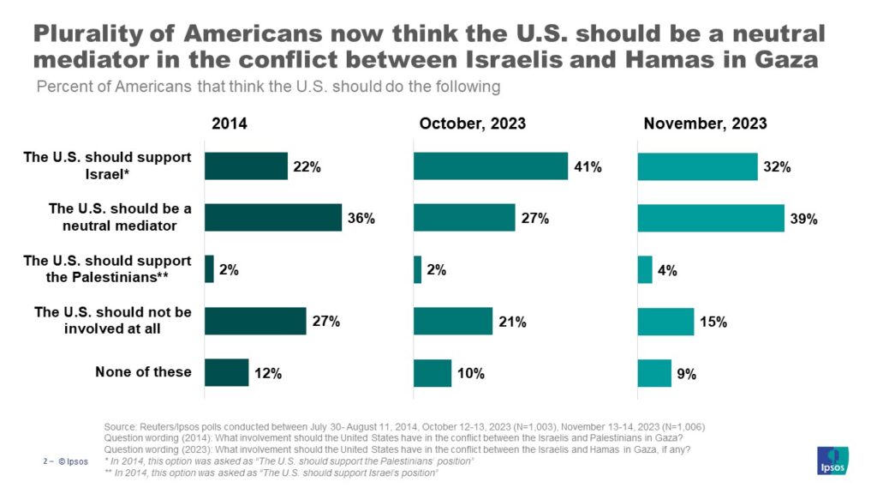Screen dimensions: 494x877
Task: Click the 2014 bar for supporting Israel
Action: (x=246, y=166)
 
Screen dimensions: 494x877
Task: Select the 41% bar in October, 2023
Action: (x=491, y=166)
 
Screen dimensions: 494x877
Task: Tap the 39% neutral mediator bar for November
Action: (x=711, y=218)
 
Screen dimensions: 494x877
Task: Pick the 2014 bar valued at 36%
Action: (x=273, y=218)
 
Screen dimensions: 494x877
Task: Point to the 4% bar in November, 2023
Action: (x=645, y=269)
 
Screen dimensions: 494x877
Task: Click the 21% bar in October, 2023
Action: (x=453, y=321)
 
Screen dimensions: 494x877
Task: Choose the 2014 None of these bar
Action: (x=226, y=372)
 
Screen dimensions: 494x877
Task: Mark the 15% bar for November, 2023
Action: (x=665, y=321)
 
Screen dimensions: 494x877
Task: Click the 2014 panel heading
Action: (x=230, y=123)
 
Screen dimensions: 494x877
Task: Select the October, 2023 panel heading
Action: (x=473, y=123)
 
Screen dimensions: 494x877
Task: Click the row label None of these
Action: (x=143, y=372)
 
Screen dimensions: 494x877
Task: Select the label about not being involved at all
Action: (x=113, y=320)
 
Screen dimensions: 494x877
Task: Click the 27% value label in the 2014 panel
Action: (x=326, y=322)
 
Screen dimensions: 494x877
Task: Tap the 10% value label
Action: (x=471, y=373)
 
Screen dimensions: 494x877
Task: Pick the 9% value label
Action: (x=687, y=373)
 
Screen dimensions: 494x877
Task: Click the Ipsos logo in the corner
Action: (x=833, y=460)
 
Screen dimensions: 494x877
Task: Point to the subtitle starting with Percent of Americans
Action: (x=268, y=87)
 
